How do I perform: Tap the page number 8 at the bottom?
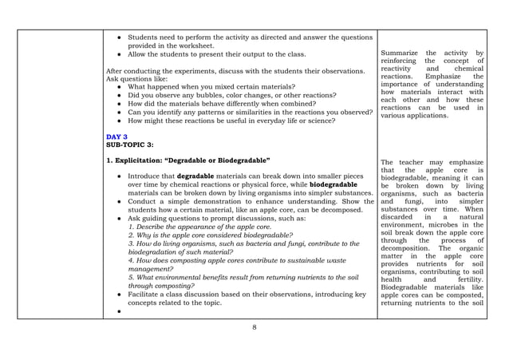[x=254, y=327]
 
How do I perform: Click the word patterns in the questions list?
[x=226, y=113]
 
